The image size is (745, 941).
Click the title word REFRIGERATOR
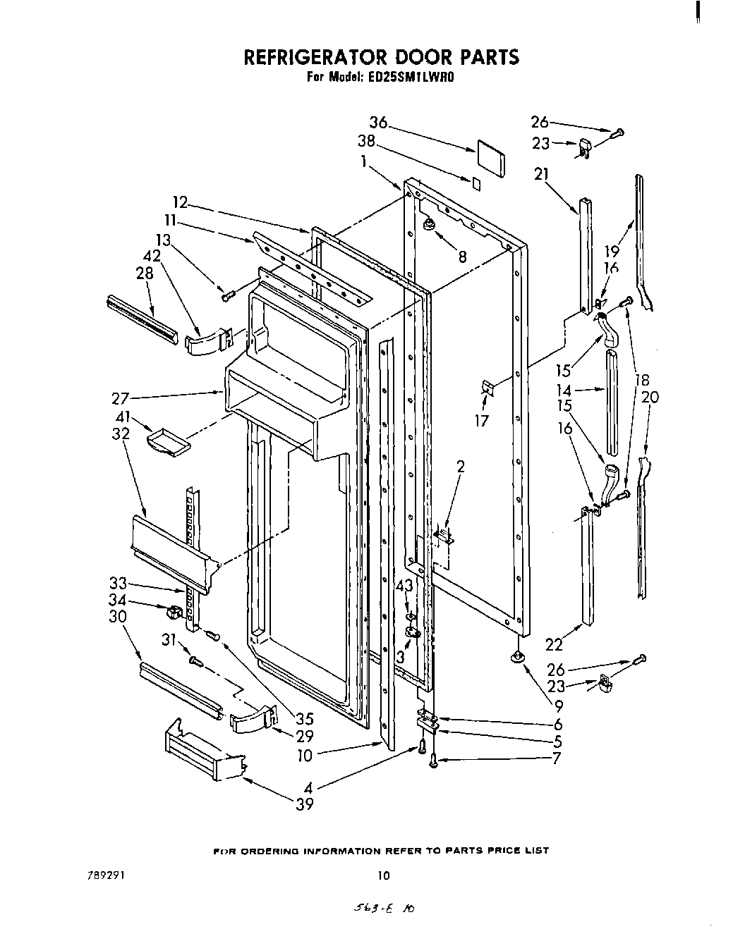click(x=326, y=58)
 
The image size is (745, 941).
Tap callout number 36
click(x=379, y=122)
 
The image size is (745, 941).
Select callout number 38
click(x=365, y=140)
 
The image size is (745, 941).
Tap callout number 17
click(x=483, y=421)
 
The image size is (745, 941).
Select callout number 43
click(x=404, y=586)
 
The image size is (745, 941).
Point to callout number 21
click(x=542, y=174)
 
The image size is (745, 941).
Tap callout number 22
click(x=554, y=643)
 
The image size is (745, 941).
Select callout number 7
click(x=557, y=759)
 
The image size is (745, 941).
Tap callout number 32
click(x=121, y=434)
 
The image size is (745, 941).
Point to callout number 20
click(x=650, y=398)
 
